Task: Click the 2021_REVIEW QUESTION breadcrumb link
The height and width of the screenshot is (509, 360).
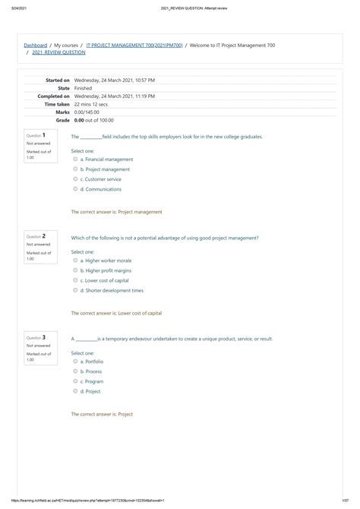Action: click(x=58, y=53)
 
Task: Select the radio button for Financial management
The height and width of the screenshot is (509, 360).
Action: click(x=75, y=160)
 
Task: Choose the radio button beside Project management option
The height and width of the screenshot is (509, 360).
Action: click(x=75, y=169)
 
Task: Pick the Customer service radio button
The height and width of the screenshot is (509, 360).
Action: click(x=75, y=179)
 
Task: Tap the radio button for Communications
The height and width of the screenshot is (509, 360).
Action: click(x=75, y=189)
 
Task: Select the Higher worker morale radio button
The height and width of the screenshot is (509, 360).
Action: click(x=75, y=261)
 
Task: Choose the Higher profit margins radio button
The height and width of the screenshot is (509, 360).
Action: click(x=75, y=270)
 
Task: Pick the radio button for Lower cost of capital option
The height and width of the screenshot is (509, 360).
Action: click(x=75, y=280)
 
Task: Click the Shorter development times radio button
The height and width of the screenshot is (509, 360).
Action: click(x=75, y=290)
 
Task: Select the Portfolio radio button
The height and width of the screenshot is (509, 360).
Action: click(x=75, y=362)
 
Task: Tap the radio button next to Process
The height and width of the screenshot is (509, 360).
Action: click(x=75, y=371)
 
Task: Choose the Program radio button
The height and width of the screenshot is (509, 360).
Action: click(x=75, y=381)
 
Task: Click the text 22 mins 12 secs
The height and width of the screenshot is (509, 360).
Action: click(x=98, y=104)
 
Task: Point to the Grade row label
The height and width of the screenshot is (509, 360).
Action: click(x=62, y=120)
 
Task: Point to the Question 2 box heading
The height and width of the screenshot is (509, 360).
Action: click(x=39, y=236)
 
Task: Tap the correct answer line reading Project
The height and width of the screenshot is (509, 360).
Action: click(x=102, y=414)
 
